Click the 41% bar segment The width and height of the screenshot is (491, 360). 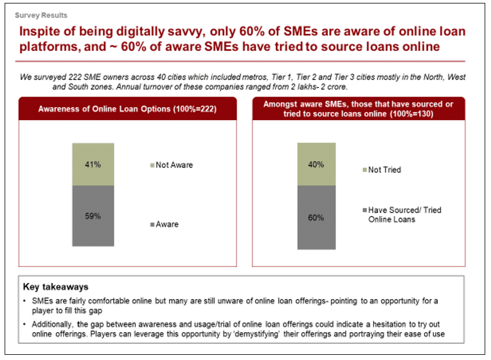(93, 164)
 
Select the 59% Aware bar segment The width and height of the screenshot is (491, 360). (93, 216)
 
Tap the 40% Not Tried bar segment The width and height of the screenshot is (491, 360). (317, 164)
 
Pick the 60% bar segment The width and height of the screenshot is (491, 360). (317, 217)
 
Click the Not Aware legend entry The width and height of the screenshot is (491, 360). (172, 165)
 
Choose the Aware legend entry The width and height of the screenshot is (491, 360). (165, 224)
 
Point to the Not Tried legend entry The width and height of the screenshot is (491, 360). (382, 170)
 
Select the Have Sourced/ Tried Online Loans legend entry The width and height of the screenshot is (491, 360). (402, 214)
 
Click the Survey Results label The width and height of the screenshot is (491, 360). (41, 16)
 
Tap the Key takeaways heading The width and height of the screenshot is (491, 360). (55, 287)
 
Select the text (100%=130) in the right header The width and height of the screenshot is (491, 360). (412, 113)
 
